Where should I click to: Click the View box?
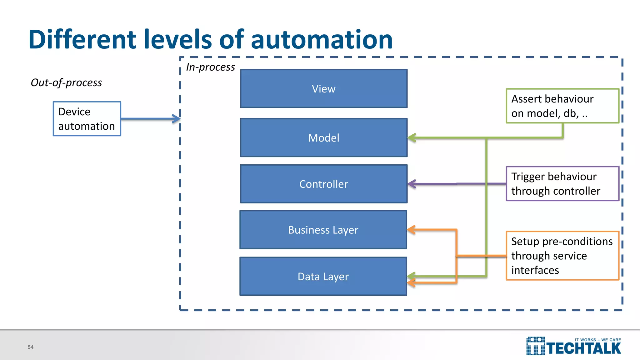(323, 89)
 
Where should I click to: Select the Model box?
(323, 138)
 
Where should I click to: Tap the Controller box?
(323, 184)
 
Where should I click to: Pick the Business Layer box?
(323, 230)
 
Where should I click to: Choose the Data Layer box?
(323, 277)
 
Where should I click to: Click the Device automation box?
(87, 119)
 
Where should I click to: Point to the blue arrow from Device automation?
(150, 119)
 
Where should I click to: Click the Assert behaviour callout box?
(562, 106)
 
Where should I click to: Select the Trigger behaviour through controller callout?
(562, 184)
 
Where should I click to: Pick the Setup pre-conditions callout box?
(562, 256)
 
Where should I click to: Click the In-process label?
(210, 67)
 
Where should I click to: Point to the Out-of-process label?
(66, 82)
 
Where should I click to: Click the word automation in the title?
(322, 40)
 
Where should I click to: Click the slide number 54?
(31, 347)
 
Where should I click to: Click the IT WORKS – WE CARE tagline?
(597, 340)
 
